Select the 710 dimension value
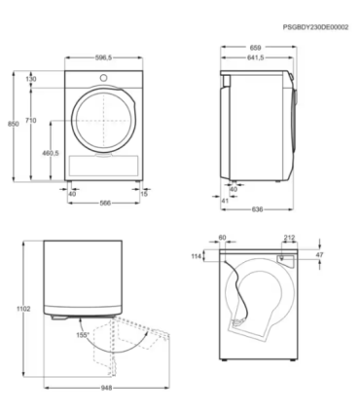[32, 120]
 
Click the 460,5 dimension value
[51, 153]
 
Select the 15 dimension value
[145, 194]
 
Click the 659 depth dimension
[257, 47]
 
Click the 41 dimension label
[224, 200]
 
